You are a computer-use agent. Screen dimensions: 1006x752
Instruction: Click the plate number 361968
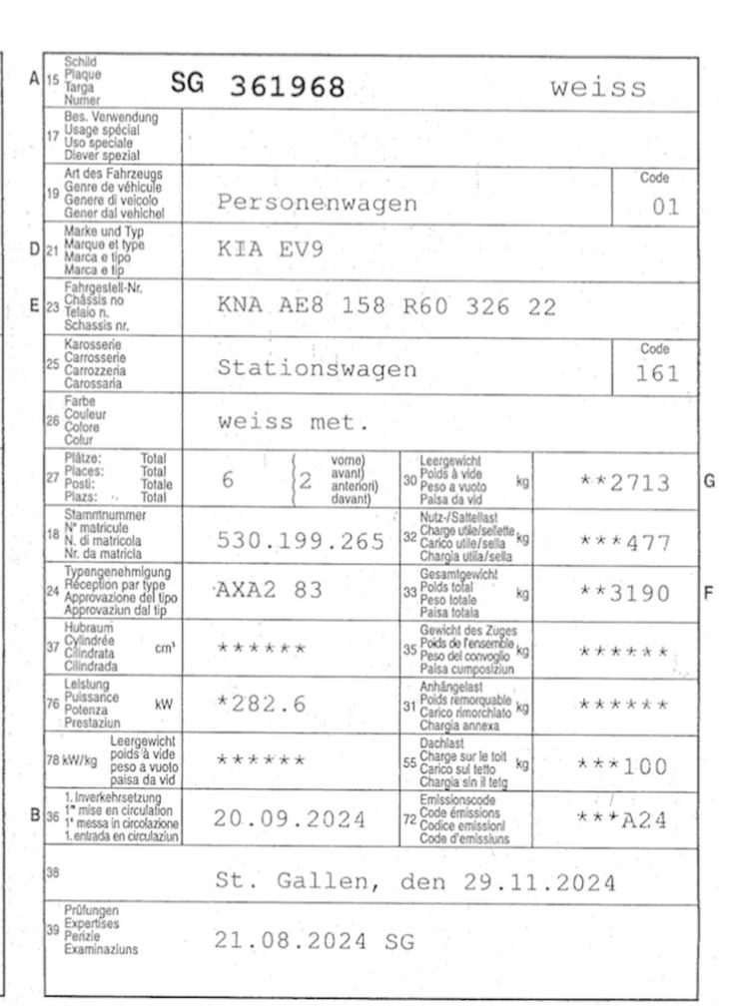pyautogui.click(x=287, y=88)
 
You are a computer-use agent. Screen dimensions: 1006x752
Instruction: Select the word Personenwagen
pyautogui.click(x=317, y=204)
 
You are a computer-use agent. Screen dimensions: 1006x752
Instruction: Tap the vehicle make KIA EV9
pyautogui.click(x=270, y=250)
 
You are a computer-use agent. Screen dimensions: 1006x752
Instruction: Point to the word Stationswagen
pyautogui.click(x=317, y=368)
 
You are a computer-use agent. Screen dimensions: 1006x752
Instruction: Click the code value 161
pyautogui.click(x=657, y=374)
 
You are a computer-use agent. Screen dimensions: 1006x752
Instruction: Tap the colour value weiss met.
pyautogui.click(x=294, y=422)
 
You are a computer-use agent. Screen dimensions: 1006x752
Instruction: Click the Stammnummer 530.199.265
pyautogui.click(x=301, y=541)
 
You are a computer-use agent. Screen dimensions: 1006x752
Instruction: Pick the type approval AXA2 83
pyautogui.click(x=270, y=590)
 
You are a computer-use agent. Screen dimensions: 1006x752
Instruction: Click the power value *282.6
pyautogui.click(x=262, y=704)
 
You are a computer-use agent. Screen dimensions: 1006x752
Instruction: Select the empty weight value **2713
pyautogui.click(x=624, y=484)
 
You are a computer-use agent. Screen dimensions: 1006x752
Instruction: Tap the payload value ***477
pyautogui.click(x=624, y=542)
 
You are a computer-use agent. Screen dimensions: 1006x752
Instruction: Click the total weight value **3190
pyautogui.click(x=624, y=594)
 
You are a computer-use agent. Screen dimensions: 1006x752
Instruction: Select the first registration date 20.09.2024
pyautogui.click(x=290, y=820)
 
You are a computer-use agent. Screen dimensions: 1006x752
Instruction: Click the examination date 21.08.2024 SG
pyautogui.click(x=314, y=940)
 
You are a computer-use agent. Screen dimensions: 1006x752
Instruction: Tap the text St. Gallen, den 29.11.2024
pyautogui.click(x=415, y=881)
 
